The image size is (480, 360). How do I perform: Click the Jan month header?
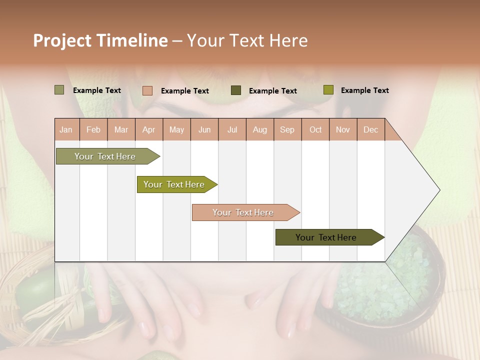[66, 129]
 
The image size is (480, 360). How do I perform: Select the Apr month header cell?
[148, 129]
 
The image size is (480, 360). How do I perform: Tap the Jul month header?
[232, 129]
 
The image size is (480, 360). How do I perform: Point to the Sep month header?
[287, 129]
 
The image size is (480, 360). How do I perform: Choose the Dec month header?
[370, 129]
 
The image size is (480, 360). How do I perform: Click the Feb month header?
[93, 129]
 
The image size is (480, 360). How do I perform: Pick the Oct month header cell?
[315, 129]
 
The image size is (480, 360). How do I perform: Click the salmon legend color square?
[147, 90]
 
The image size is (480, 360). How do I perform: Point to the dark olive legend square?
[236, 90]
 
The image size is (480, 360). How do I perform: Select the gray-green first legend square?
[59, 90]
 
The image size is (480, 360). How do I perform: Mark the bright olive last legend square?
[328, 90]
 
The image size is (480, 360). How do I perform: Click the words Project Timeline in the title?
[100, 40]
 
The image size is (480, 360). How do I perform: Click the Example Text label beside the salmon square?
[184, 91]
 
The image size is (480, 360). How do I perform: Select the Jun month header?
[204, 129]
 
